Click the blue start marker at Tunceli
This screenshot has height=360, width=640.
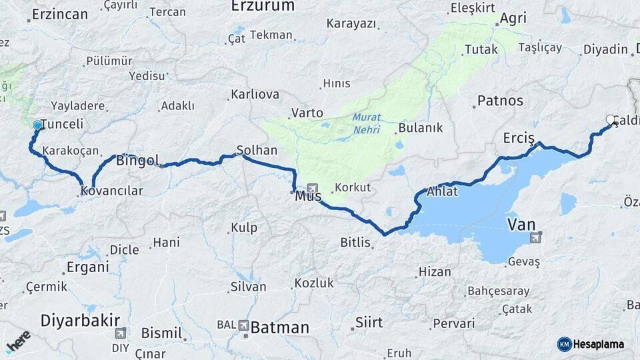[x=37, y=125]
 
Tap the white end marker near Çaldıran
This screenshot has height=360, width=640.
[x=610, y=120]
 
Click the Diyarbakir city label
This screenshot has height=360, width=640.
[x=80, y=320]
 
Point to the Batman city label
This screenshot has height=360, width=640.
[x=280, y=327]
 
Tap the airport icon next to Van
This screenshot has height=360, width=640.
[x=535, y=237]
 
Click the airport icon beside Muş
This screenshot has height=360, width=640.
[x=313, y=189]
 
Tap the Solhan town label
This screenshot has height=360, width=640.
[x=257, y=150]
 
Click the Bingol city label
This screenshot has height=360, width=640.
[x=137, y=161]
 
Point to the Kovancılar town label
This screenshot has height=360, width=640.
[x=111, y=191]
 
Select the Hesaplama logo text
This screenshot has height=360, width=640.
[x=599, y=344]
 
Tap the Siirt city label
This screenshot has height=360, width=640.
[x=369, y=323]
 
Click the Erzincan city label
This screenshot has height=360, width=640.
[x=60, y=15]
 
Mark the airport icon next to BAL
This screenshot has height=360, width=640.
[x=243, y=325]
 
